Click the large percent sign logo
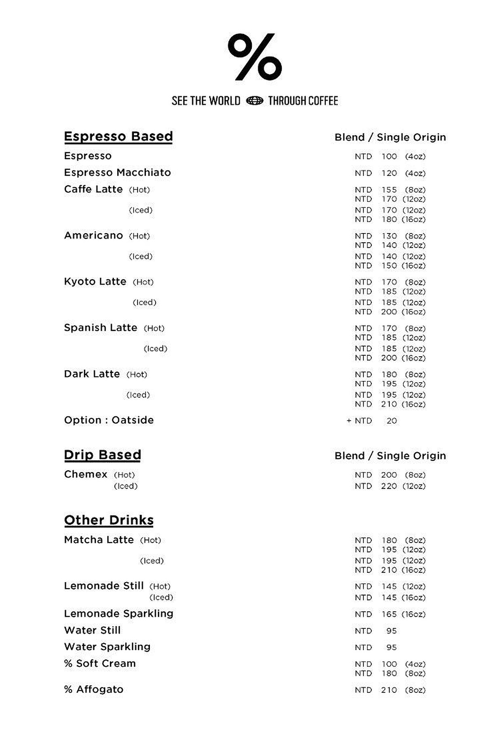(x=255, y=57)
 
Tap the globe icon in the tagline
(x=255, y=101)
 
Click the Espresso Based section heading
(x=118, y=137)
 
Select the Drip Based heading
(x=102, y=455)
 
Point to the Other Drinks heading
(x=109, y=520)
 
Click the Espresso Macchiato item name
(x=117, y=173)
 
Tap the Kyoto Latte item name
(x=95, y=282)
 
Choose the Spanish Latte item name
(x=101, y=328)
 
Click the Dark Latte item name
(x=92, y=374)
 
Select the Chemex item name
(x=86, y=474)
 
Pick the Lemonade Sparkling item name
(x=118, y=614)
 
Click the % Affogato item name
(x=94, y=690)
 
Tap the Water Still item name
(x=92, y=630)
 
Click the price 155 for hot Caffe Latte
(x=389, y=190)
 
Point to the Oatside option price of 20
(x=392, y=421)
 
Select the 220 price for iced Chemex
(x=389, y=486)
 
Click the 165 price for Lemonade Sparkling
(x=389, y=614)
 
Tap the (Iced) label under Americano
(x=141, y=257)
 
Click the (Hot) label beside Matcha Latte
(x=150, y=540)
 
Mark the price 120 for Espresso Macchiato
(x=389, y=173)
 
